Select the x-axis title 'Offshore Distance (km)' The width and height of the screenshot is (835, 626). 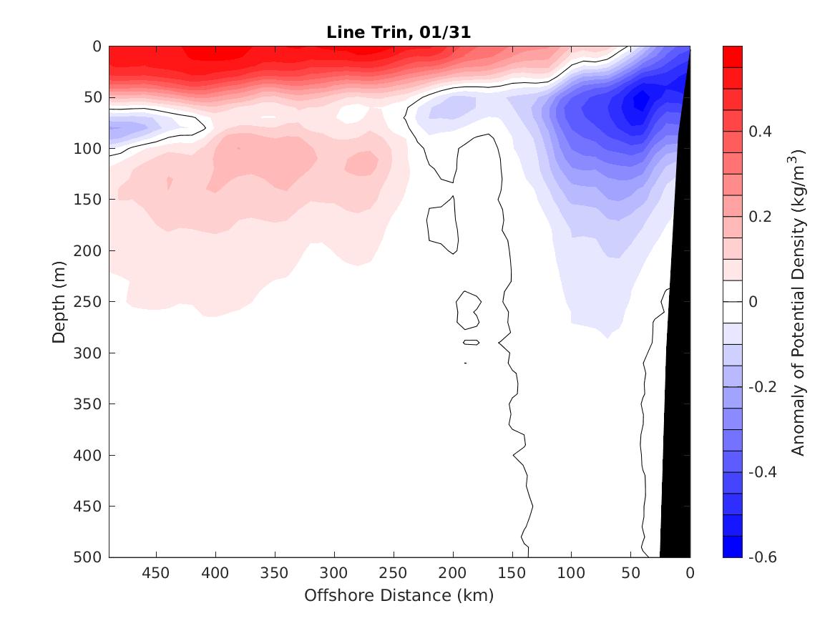tap(399, 595)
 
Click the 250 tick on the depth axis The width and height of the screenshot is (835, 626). tap(91, 302)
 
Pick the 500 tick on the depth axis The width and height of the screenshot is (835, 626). tap(91, 557)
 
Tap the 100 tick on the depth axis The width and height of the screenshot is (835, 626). tap(91, 149)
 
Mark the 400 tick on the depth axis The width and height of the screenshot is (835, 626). tap(91, 455)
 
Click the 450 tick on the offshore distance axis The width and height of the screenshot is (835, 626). tap(156, 573)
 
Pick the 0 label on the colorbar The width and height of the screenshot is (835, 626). tap(753, 302)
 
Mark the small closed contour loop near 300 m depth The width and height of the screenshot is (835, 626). tap(471, 343)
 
